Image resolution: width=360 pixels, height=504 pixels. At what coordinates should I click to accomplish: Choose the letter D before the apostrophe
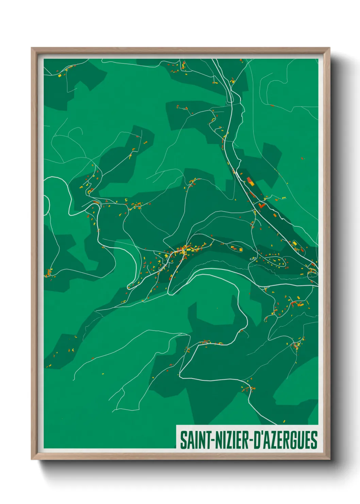[257, 440]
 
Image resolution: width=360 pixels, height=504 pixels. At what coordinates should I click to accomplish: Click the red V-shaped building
[261, 205]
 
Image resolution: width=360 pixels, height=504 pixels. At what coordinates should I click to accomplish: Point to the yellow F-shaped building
[126, 200]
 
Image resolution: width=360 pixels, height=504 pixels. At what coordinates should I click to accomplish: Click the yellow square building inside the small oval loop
[240, 250]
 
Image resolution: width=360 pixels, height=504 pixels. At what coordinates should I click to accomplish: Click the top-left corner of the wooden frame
[32, 48]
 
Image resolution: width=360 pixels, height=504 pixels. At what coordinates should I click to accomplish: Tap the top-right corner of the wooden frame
[329, 48]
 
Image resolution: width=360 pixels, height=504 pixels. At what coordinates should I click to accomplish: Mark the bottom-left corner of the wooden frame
[32, 459]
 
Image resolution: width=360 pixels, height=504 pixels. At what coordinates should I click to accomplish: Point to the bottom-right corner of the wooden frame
[329, 459]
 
